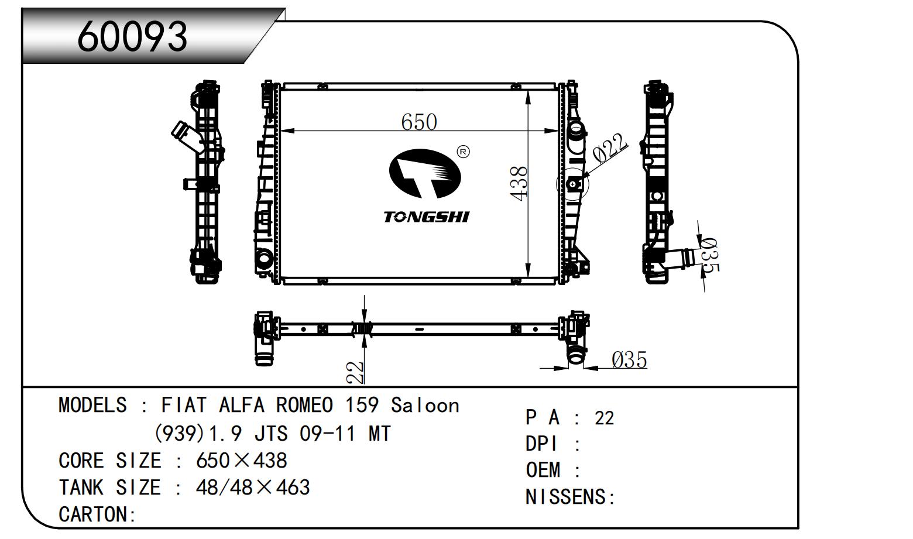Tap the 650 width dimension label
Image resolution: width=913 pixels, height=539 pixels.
pos(419,122)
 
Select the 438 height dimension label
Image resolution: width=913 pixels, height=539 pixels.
pos(519,183)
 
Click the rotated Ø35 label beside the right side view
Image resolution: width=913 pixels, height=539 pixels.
pos(709,256)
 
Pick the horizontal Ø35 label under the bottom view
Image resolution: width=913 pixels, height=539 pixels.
pos(629,359)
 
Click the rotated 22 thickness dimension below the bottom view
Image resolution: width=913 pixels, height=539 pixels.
pos(355,372)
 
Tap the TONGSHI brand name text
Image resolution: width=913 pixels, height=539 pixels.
pos(426,217)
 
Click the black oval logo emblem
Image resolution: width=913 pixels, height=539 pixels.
pos(425,174)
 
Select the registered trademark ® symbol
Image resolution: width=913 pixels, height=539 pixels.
pos(463,152)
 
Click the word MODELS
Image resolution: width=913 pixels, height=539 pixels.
pos(92,405)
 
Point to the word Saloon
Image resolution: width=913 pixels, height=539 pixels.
pos(425,405)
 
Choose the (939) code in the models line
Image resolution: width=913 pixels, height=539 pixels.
pos(179,434)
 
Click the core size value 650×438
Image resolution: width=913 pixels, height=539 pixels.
pos(241,461)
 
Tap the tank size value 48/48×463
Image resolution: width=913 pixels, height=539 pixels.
pos(252,487)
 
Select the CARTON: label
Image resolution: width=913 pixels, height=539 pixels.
pos(97,514)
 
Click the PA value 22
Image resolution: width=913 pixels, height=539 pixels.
pos(604,418)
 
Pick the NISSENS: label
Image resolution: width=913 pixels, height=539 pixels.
pos(570,497)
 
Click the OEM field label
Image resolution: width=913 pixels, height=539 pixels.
pos(544,470)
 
